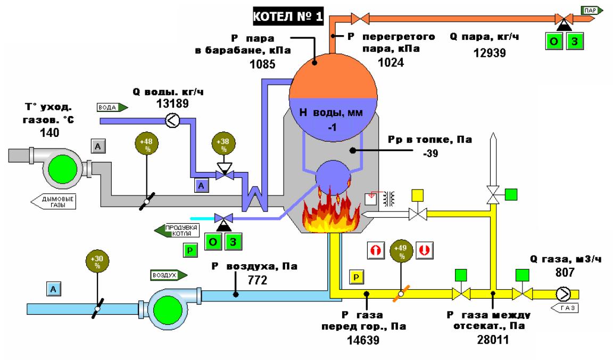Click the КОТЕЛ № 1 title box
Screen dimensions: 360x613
(288, 17)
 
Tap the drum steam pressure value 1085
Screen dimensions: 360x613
(261, 66)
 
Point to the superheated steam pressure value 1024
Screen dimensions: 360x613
(391, 62)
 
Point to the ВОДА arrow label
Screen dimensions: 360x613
(112, 107)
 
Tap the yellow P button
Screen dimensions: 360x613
(356, 276)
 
